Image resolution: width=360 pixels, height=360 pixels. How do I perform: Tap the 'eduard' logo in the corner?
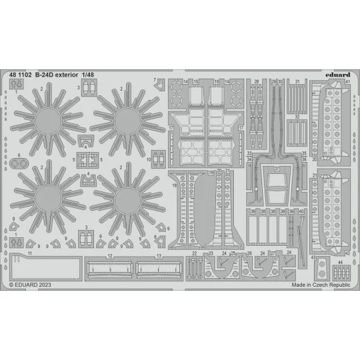click(336, 76)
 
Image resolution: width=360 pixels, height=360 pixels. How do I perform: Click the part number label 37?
click(276, 168)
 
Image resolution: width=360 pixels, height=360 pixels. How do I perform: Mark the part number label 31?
click(297, 81)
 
